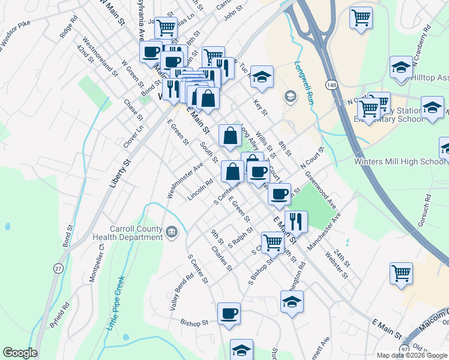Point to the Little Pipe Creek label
(x=116, y=302)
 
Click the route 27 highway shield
(x=58, y=268)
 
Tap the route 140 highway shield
(x=331, y=85)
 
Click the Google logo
(x=20, y=353)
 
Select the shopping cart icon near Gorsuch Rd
(x=401, y=273)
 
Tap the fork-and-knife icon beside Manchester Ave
(x=295, y=221)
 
